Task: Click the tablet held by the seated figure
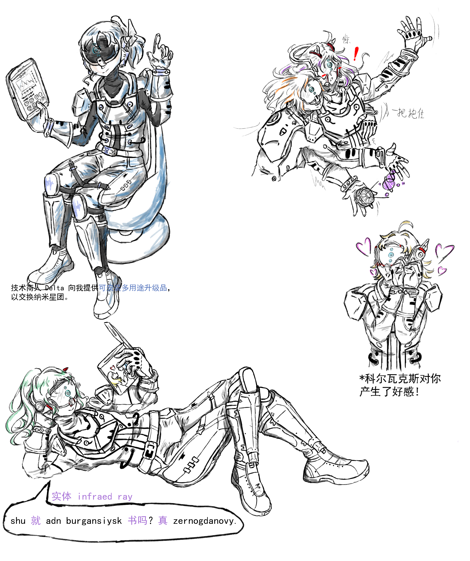pos(27,89)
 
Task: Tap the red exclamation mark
pos(356,54)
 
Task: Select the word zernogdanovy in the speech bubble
pos(204,521)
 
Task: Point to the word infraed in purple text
pos(95,497)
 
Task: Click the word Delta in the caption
pos(54,288)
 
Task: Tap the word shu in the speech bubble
pos(18,521)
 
